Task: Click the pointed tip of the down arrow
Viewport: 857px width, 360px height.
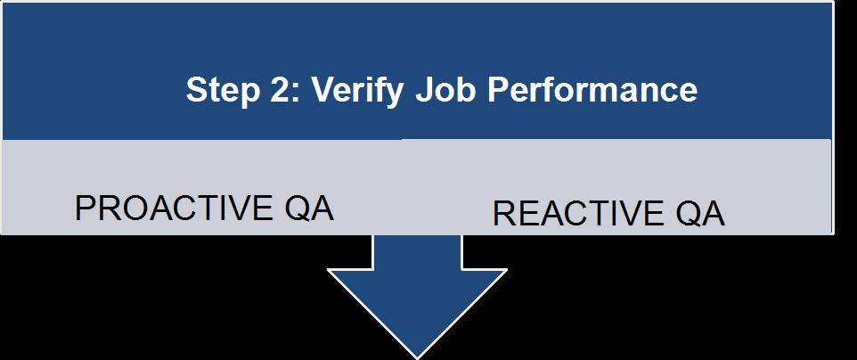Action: (418, 358)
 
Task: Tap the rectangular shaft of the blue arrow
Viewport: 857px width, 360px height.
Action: (418, 251)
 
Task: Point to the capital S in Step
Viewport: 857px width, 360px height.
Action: (197, 90)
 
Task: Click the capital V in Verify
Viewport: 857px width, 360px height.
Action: (324, 89)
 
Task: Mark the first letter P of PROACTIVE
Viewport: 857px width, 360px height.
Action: (86, 208)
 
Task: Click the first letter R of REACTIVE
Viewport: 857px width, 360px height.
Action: (504, 213)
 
